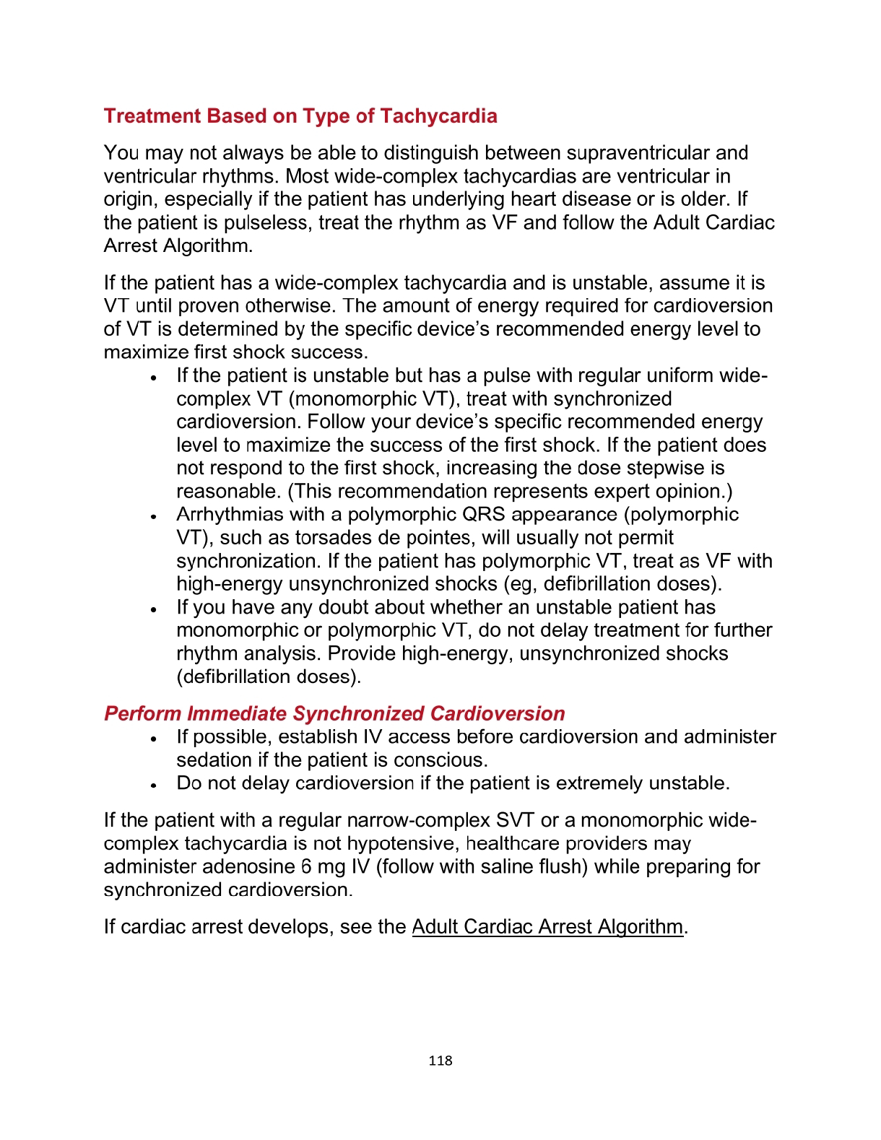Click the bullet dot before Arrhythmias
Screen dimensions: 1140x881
(154, 516)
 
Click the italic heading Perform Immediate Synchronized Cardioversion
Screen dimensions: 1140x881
(334, 713)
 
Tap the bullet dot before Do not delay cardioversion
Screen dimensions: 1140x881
(154, 785)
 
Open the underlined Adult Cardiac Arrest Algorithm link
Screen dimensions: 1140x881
(547, 926)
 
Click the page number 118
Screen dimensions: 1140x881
(440, 1060)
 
